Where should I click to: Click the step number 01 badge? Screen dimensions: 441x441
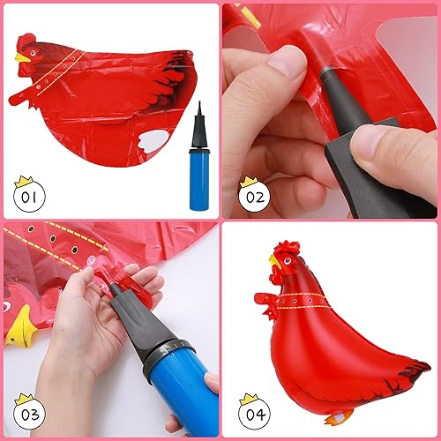point(29,196)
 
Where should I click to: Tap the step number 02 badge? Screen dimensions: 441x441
point(254,197)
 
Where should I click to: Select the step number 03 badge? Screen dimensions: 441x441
point(29,415)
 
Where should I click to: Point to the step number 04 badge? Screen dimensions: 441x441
point(254,415)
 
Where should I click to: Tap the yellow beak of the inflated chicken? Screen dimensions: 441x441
point(274,262)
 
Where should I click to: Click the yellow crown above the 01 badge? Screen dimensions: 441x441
point(20,180)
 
